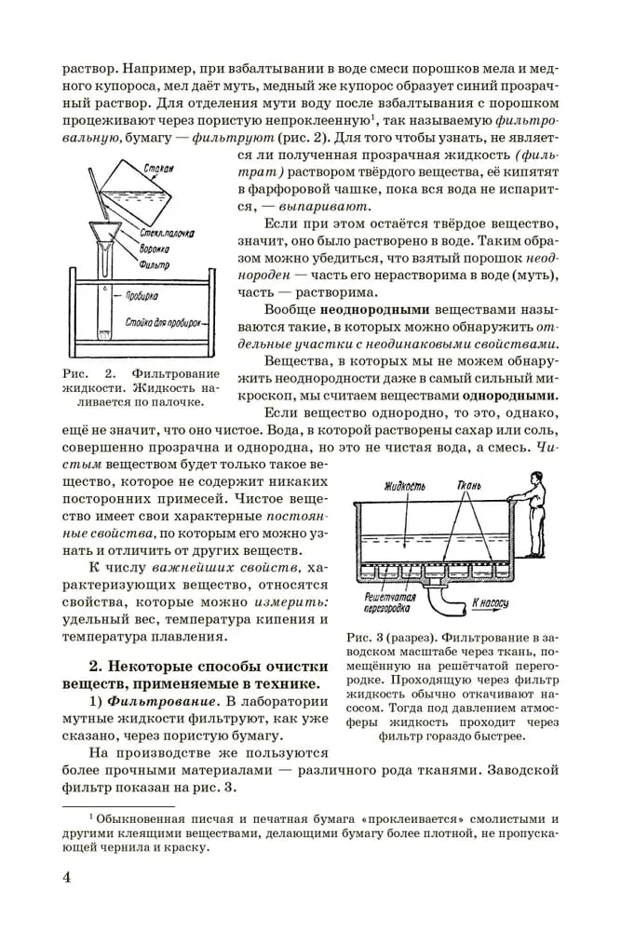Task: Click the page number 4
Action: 67,878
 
